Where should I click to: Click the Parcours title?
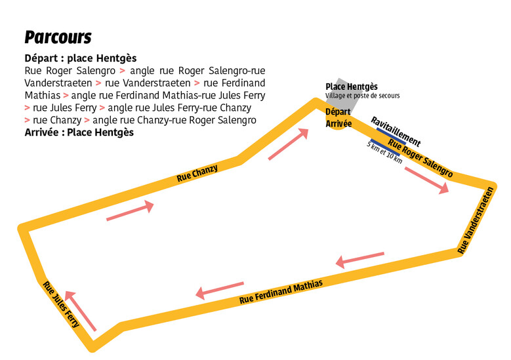pos(58,37)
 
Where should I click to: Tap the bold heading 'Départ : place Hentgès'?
pos(80,58)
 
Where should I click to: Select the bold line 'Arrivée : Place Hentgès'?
pos(79,132)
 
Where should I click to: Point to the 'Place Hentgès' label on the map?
pos(352,87)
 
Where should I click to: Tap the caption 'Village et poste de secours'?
pos(362,96)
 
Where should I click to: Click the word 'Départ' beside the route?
pos(338,112)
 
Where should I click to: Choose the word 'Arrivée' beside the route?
pos(338,123)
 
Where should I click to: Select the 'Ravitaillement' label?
pos(396,131)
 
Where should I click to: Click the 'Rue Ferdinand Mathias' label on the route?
pos(281,292)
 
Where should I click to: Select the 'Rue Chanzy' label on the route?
pos(197,173)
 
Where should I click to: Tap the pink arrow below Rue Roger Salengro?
pos(427,180)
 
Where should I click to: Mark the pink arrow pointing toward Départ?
pos(289,144)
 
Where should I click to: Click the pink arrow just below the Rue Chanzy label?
pos(130,212)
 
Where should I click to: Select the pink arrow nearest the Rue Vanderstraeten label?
pos(359,259)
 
